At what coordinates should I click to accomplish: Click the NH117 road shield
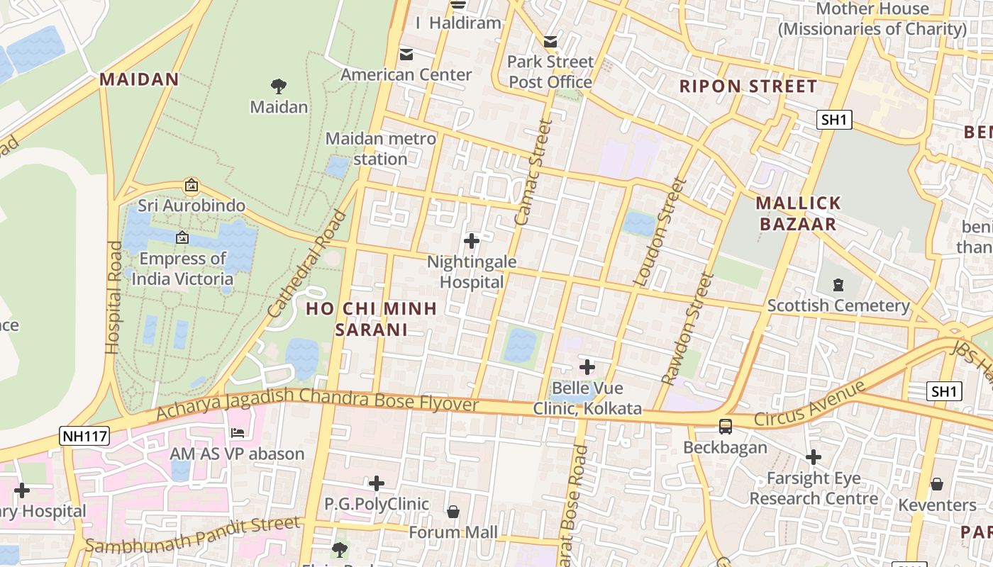point(84,436)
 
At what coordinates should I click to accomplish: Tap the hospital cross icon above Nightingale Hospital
point(472,241)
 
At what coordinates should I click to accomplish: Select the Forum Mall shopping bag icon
point(453,512)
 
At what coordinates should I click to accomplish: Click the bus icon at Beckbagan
point(725,427)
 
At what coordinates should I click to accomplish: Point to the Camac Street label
point(533,172)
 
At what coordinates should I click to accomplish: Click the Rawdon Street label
point(687,329)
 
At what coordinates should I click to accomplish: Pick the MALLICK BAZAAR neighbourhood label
point(798,213)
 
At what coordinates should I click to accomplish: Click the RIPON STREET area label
point(748,86)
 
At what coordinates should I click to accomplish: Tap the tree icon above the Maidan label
point(279,86)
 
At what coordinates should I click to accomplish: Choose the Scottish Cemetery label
point(838,305)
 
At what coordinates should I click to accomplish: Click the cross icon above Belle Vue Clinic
point(587,367)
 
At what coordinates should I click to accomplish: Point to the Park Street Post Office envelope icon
point(550,42)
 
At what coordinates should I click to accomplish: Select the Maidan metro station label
point(380,149)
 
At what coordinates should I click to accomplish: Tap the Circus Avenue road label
point(810,404)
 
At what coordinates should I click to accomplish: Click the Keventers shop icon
point(937,484)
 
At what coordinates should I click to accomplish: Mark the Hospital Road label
point(113,298)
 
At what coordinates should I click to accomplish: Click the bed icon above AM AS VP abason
point(238,432)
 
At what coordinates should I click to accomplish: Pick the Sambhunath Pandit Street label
point(193,534)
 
